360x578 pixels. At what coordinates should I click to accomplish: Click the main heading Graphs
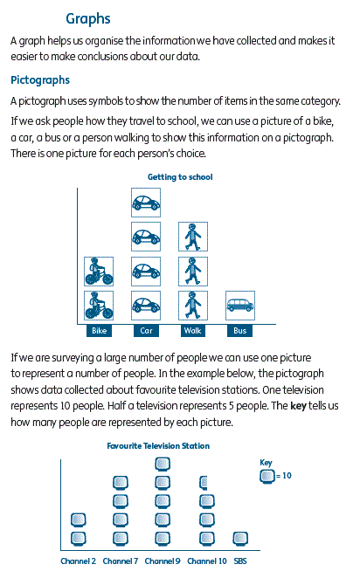(87, 19)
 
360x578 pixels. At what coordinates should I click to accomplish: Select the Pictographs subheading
(40, 80)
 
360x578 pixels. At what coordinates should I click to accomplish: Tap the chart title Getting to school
(180, 177)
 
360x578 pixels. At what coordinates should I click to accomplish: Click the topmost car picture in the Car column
(146, 203)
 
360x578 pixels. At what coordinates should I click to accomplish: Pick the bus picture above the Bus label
(240, 306)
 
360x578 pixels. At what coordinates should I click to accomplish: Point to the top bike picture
(99, 272)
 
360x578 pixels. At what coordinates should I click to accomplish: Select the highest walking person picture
(193, 237)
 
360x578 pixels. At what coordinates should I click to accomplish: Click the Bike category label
(99, 331)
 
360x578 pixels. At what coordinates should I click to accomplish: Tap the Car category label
(146, 331)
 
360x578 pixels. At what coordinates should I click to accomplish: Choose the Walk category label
(193, 331)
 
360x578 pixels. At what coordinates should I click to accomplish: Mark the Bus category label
(239, 331)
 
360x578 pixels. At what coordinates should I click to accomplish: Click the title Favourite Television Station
(158, 446)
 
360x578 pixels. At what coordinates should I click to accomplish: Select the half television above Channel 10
(204, 483)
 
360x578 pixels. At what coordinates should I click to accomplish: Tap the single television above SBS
(240, 539)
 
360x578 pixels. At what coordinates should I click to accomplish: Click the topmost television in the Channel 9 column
(163, 464)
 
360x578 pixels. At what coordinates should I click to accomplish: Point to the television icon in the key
(267, 476)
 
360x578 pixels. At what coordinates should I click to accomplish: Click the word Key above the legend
(266, 463)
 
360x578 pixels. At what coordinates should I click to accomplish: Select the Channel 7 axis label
(121, 561)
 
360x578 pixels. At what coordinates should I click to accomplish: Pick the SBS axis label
(240, 561)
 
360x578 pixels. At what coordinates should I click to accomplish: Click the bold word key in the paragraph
(298, 406)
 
